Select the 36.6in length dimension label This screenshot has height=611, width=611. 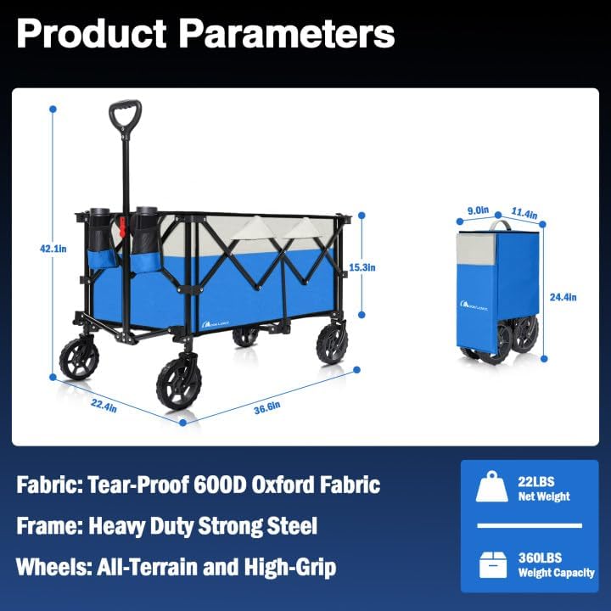266,406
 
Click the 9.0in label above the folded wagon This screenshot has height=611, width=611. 478,210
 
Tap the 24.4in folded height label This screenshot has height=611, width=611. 563,297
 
